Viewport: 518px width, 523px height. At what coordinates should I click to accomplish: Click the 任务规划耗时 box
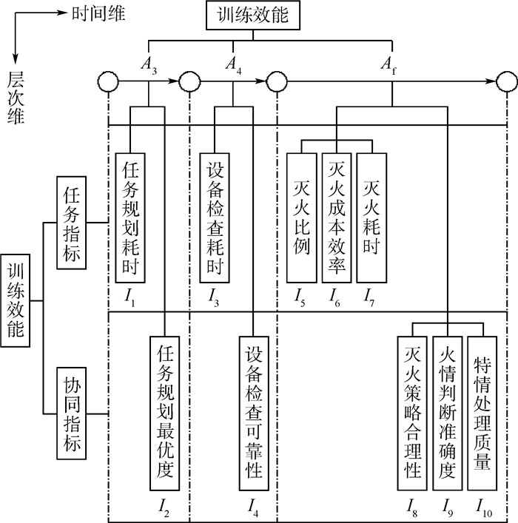coord(130,217)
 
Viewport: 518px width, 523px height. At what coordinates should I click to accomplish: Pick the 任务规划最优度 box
coord(165,414)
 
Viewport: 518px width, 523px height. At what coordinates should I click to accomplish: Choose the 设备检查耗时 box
coord(215,217)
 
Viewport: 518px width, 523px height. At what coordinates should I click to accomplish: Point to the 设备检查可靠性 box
coord(254,414)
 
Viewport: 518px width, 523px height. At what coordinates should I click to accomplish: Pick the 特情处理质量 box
coord(483,414)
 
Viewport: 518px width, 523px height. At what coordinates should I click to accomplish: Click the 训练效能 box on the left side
coord(16,301)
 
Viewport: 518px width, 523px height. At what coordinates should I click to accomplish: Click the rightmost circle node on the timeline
coord(506,79)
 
